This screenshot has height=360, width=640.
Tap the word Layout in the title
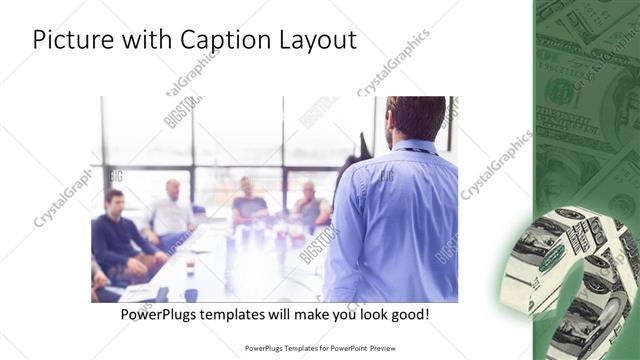pyautogui.click(x=316, y=40)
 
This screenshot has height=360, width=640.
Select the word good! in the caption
pyautogui.click(x=409, y=315)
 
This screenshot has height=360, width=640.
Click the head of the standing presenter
pyautogui.click(x=416, y=118)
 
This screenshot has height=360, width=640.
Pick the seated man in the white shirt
pyautogui.click(x=170, y=215)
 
